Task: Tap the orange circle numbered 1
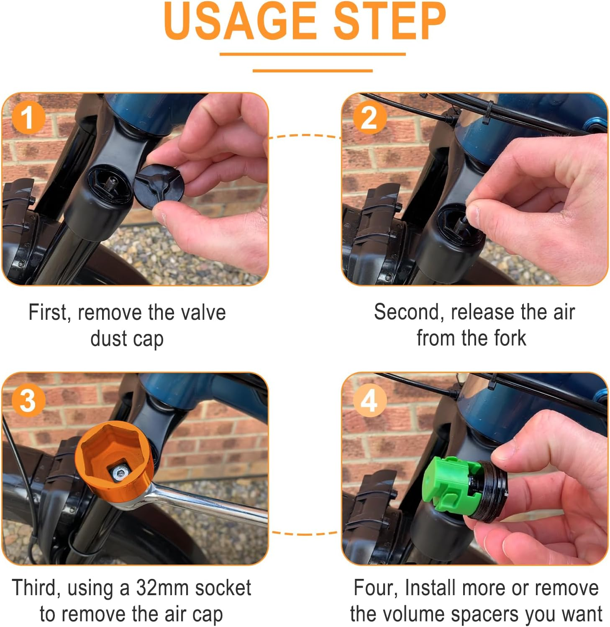pos(28,118)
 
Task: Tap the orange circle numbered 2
pos(369,118)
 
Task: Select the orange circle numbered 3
pos(28,400)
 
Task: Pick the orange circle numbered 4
pos(369,400)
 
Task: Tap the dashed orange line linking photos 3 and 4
pos(305,533)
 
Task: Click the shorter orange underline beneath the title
pos(312,70)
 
